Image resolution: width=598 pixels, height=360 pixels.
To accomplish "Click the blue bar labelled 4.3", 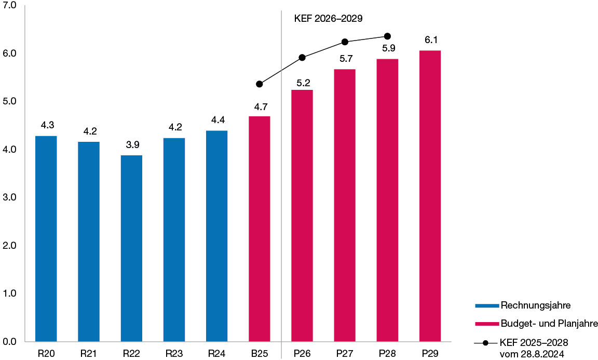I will click(46, 238).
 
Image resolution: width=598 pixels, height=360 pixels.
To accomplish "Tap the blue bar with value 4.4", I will click(216, 236).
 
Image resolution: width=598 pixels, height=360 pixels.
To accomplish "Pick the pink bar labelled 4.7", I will click(260, 229).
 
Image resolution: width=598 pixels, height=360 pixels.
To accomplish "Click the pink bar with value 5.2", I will click(302, 216).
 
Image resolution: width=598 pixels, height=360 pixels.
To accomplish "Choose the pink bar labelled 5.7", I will click(345, 205).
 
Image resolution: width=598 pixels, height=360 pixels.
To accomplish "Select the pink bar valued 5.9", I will click(387, 200).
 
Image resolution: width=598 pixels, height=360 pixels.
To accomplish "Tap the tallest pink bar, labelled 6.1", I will click(430, 196).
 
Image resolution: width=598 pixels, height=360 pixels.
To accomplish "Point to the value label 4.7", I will click(260, 107).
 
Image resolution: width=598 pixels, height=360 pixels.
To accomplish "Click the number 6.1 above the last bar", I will click(430, 40).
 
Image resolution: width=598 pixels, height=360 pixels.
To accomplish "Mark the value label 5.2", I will click(303, 83).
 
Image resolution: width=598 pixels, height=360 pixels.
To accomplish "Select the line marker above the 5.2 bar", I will click(302, 57).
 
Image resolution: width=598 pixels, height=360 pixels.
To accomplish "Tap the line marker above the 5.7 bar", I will click(345, 42).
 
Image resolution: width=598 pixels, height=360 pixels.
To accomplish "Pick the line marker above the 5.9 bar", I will click(387, 36).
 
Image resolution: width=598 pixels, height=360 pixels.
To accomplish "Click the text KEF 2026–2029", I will click(328, 18).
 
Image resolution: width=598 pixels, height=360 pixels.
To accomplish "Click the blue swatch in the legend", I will click(486, 305).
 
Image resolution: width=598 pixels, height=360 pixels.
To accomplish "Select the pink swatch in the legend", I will click(486, 324).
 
